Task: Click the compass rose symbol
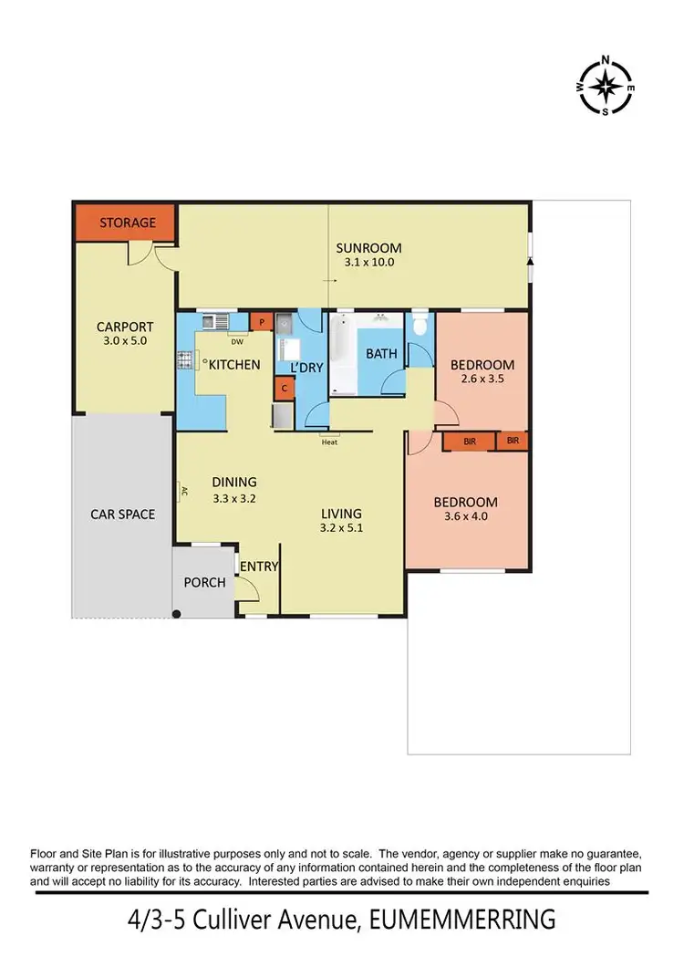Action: click(x=605, y=88)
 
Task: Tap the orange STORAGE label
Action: click(x=127, y=223)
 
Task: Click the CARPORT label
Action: click(x=125, y=327)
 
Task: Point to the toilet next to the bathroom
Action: click(x=420, y=326)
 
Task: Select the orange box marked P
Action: click(x=262, y=321)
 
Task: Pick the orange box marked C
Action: click(x=285, y=388)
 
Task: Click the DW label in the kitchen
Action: click(x=236, y=342)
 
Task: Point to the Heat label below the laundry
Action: click(x=329, y=443)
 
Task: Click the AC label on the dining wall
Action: click(x=183, y=492)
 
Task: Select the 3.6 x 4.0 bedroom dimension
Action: click(x=465, y=518)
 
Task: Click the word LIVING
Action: click(x=341, y=514)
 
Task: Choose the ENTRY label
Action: click(x=259, y=567)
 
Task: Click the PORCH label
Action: click(x=204, y=582)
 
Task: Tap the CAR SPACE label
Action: click(x=122, y=514)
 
